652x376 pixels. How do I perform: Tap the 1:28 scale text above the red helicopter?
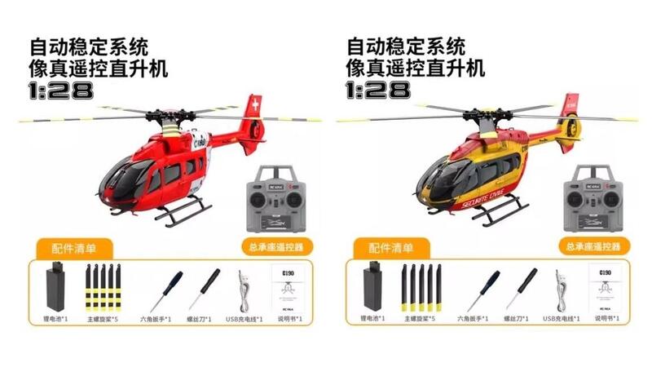coord(62,90)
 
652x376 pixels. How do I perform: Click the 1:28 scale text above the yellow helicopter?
coord(378,90)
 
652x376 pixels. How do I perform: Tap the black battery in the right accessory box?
coord(375,286)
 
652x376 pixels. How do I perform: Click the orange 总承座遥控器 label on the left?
coord(276,246)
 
